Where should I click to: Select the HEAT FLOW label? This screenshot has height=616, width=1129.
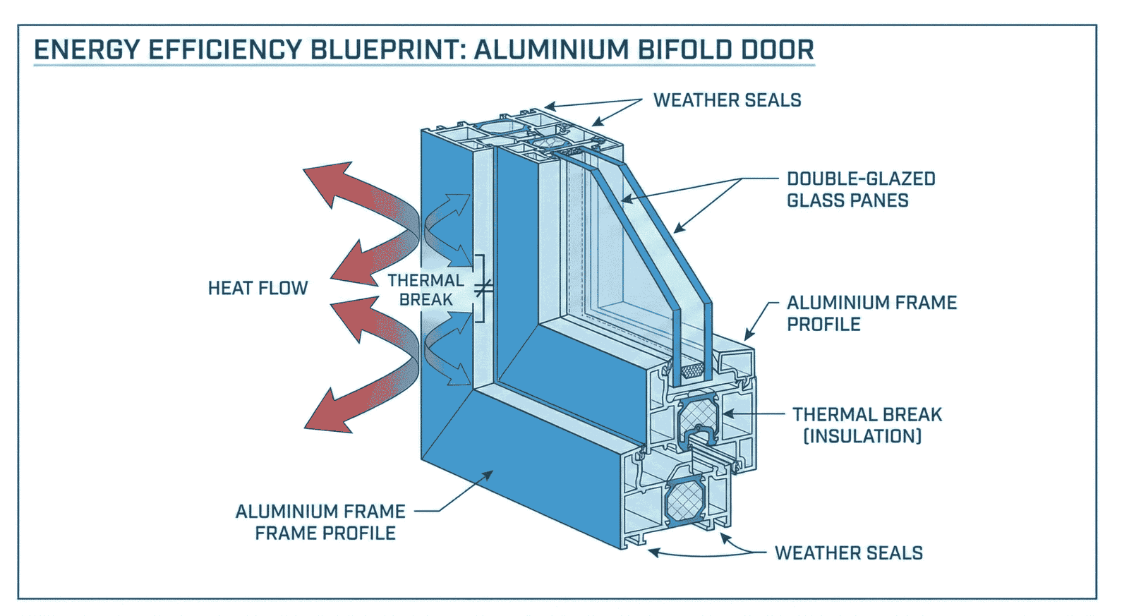(258, 288)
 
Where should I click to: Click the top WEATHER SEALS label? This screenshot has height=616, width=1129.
(727, 100)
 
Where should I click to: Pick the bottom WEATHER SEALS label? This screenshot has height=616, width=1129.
(848, 553)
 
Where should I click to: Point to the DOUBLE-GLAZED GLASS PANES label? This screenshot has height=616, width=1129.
(860, 190)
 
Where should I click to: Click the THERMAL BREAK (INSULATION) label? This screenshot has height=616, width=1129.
(866, 425)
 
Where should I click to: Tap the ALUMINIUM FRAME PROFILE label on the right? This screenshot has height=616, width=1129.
(871, 313)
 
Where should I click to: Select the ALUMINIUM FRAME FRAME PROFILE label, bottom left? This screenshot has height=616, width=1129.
(321, 522)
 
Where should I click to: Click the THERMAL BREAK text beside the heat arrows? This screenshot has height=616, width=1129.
(425, 290)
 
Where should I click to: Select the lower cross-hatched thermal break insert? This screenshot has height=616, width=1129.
(683, 500)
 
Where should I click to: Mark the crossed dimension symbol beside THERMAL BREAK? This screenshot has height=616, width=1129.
(483, 288)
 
